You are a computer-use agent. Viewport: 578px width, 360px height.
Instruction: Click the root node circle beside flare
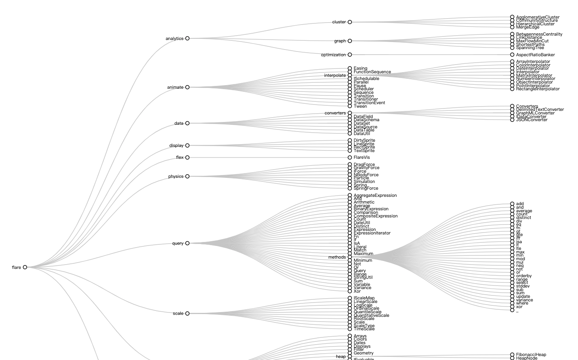pyautogui.click(x=25, y=267)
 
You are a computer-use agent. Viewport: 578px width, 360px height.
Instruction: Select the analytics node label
pyautogui.click(x=174, y=38)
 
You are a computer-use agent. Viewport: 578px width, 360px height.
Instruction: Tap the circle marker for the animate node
pyautogui.click(x=187, y=87)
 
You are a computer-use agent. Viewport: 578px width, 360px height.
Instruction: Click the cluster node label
pyautogui.click(x=339, y=22)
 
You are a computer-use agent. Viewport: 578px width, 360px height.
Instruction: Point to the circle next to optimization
pyautogui.click(x=350, y=55)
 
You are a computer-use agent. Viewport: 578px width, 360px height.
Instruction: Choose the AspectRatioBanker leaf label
pyautogui.click(x=535, y=55)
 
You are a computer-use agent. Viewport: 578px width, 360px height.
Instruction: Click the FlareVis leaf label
pyautogui.click(x=362, y=158)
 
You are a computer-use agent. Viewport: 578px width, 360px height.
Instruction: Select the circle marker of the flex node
pyautogui.click(x=187, y=158)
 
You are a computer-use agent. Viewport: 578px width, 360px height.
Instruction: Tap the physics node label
pyautogui.click(x=176, y=177)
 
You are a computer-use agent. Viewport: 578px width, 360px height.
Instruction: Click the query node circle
pyautogui.click(x=187, y=243)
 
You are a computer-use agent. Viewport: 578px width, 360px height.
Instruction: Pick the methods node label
pyautogui.click(x=337, y=257)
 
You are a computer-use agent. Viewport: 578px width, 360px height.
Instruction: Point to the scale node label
pyautogui.click(x=178, y=314)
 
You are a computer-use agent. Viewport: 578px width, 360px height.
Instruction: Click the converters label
pyautogui.click(x=335, y=113)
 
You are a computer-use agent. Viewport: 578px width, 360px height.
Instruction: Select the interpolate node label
pyautogui.click(x=335, y=76)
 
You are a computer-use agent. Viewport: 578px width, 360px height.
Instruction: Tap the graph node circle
pyautogui.click(x=350, y=41)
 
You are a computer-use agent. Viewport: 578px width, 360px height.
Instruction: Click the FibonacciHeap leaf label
pyautogui.click(x=531, y=355)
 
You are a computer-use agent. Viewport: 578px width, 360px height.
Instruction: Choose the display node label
pyautogui.click(x=176, y=146)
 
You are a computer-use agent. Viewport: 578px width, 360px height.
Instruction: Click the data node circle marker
pyautogui.click(x=187, y=123)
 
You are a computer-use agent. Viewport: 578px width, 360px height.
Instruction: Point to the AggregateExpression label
pyautogui.click(x=375, y=196)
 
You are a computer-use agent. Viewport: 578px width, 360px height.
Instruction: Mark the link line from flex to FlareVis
pyautogui.click(x=269, y=158)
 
